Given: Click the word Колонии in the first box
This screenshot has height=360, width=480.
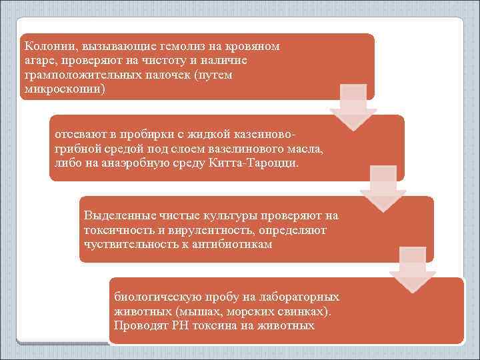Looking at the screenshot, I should (x=49, y=47).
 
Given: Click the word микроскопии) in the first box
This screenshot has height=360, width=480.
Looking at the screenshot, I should (x=64, y=89).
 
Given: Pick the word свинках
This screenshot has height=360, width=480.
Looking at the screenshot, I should (x=301, y=311).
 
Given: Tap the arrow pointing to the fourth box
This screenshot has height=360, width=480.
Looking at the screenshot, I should (x=412, y=269).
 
